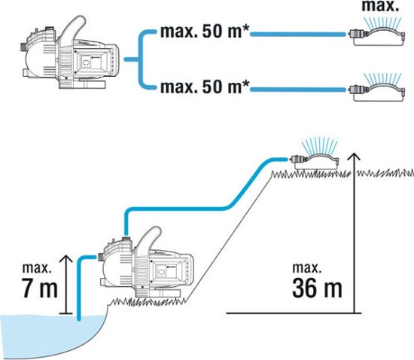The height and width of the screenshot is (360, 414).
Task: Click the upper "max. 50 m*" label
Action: click(205, 32)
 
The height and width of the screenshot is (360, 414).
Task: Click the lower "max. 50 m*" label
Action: click(205, 87)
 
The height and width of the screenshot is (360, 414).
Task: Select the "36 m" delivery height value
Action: click(317, 288)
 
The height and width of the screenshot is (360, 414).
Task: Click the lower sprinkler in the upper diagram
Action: click(377, 88)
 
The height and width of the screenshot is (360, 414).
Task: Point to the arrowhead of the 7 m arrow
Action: click(66, 258)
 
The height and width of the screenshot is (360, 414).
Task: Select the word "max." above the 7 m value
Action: click(36, 268)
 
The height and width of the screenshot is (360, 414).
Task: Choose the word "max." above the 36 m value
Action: click(307, 268)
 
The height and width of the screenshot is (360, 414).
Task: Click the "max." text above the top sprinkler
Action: click(380, 6)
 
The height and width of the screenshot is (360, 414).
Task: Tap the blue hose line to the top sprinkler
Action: click(298, 34)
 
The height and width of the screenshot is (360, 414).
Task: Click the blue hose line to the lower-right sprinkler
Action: click(298, 90)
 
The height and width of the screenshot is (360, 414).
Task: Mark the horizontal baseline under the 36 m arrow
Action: click(294, 313)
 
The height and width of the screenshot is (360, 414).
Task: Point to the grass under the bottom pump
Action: click(149, 301)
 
